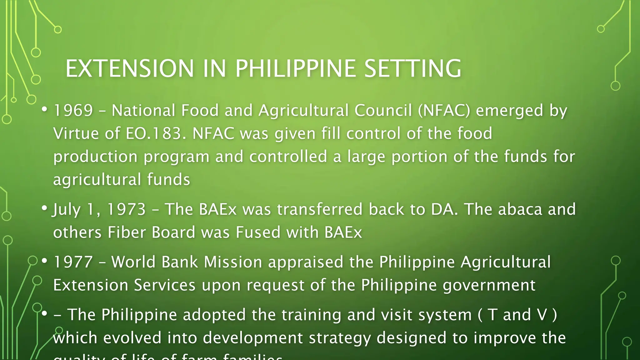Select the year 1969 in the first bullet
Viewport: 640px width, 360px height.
point(73,110)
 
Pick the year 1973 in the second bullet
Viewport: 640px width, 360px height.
point(126,209)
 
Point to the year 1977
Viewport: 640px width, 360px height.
point(73,262)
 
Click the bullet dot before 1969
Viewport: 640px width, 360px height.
point(45,109)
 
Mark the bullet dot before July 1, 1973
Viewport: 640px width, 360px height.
point(45,208)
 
